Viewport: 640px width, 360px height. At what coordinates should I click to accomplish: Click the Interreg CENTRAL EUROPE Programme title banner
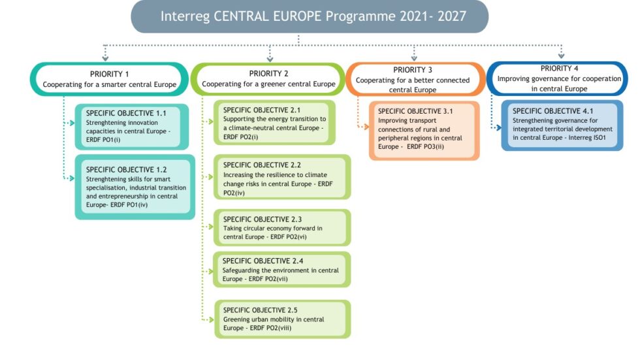(310, 16)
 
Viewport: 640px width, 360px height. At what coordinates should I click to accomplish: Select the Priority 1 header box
(109, 79)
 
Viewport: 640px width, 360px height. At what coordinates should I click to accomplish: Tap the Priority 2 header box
(268, 79)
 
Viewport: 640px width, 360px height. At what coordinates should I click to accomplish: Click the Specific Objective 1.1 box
(135, 125)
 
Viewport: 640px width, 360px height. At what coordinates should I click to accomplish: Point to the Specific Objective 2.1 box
(275, 123)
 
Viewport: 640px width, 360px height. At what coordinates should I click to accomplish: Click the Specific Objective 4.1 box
(563, 125)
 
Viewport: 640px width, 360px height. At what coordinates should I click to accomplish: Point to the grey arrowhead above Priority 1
(103, 56)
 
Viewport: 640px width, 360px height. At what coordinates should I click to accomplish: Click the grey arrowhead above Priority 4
(561, 56)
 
